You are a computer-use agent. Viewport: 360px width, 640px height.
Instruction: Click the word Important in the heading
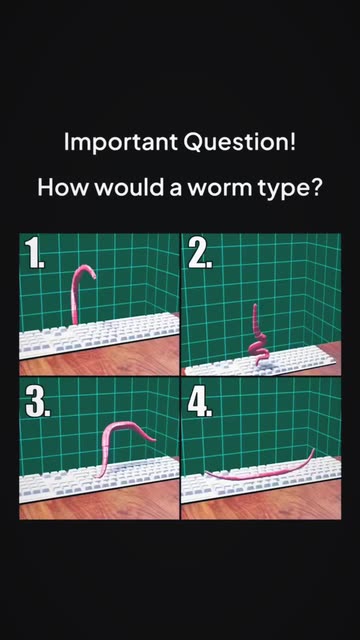(121, 143)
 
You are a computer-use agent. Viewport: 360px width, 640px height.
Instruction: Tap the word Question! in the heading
(240, 142)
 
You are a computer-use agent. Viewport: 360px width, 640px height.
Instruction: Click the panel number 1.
(34, 253)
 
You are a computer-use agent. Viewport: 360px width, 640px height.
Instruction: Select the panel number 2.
(200, 253)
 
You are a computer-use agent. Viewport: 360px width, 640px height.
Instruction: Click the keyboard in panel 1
(99, 335)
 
